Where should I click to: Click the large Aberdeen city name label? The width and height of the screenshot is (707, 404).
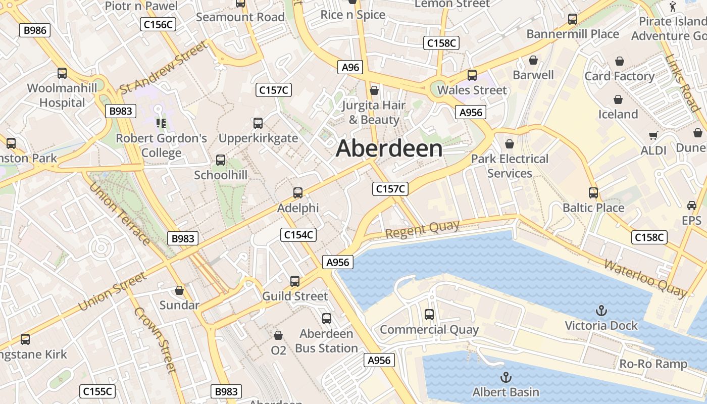(389, 148)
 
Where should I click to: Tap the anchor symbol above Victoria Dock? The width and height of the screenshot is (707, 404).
(601, 310)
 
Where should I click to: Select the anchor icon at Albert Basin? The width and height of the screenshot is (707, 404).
(506, 377)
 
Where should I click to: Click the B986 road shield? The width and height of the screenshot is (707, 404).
(35, 30)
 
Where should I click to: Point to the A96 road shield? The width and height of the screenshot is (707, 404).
(350, 67)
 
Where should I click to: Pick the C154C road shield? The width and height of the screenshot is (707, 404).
(298, 235)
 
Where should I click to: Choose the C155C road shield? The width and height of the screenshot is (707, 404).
(98, 391)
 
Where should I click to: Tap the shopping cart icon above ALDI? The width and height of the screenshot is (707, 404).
(653, 135)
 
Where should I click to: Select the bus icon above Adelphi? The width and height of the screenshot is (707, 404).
(298, 192)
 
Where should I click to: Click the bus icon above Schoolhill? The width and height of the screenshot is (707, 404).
(221, 160)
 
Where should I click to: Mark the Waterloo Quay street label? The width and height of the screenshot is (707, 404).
(645, 278)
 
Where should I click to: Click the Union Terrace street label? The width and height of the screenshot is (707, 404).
(119, 214)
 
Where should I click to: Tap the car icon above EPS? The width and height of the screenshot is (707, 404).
(692, 206)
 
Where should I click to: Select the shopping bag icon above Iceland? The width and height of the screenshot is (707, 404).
(618, 99)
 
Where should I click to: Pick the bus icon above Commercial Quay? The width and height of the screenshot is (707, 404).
(429, 315)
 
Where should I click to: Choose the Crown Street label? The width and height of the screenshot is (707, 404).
(156, 340)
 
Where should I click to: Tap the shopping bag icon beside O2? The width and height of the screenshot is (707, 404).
(278, 335)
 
